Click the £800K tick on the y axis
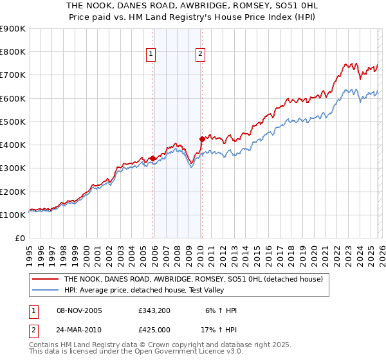point(13,52)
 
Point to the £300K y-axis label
point(13,168)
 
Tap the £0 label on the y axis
point(19,239)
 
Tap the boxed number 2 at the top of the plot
point(201,55)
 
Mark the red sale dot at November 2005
point(152,158)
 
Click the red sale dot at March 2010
point(202,139)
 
